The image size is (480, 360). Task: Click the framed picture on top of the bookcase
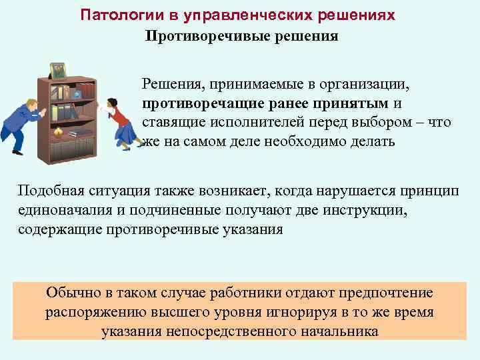[x=59, y=70]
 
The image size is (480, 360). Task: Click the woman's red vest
[x=119, y=117]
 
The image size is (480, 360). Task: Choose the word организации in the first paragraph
[x=373, y=85]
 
